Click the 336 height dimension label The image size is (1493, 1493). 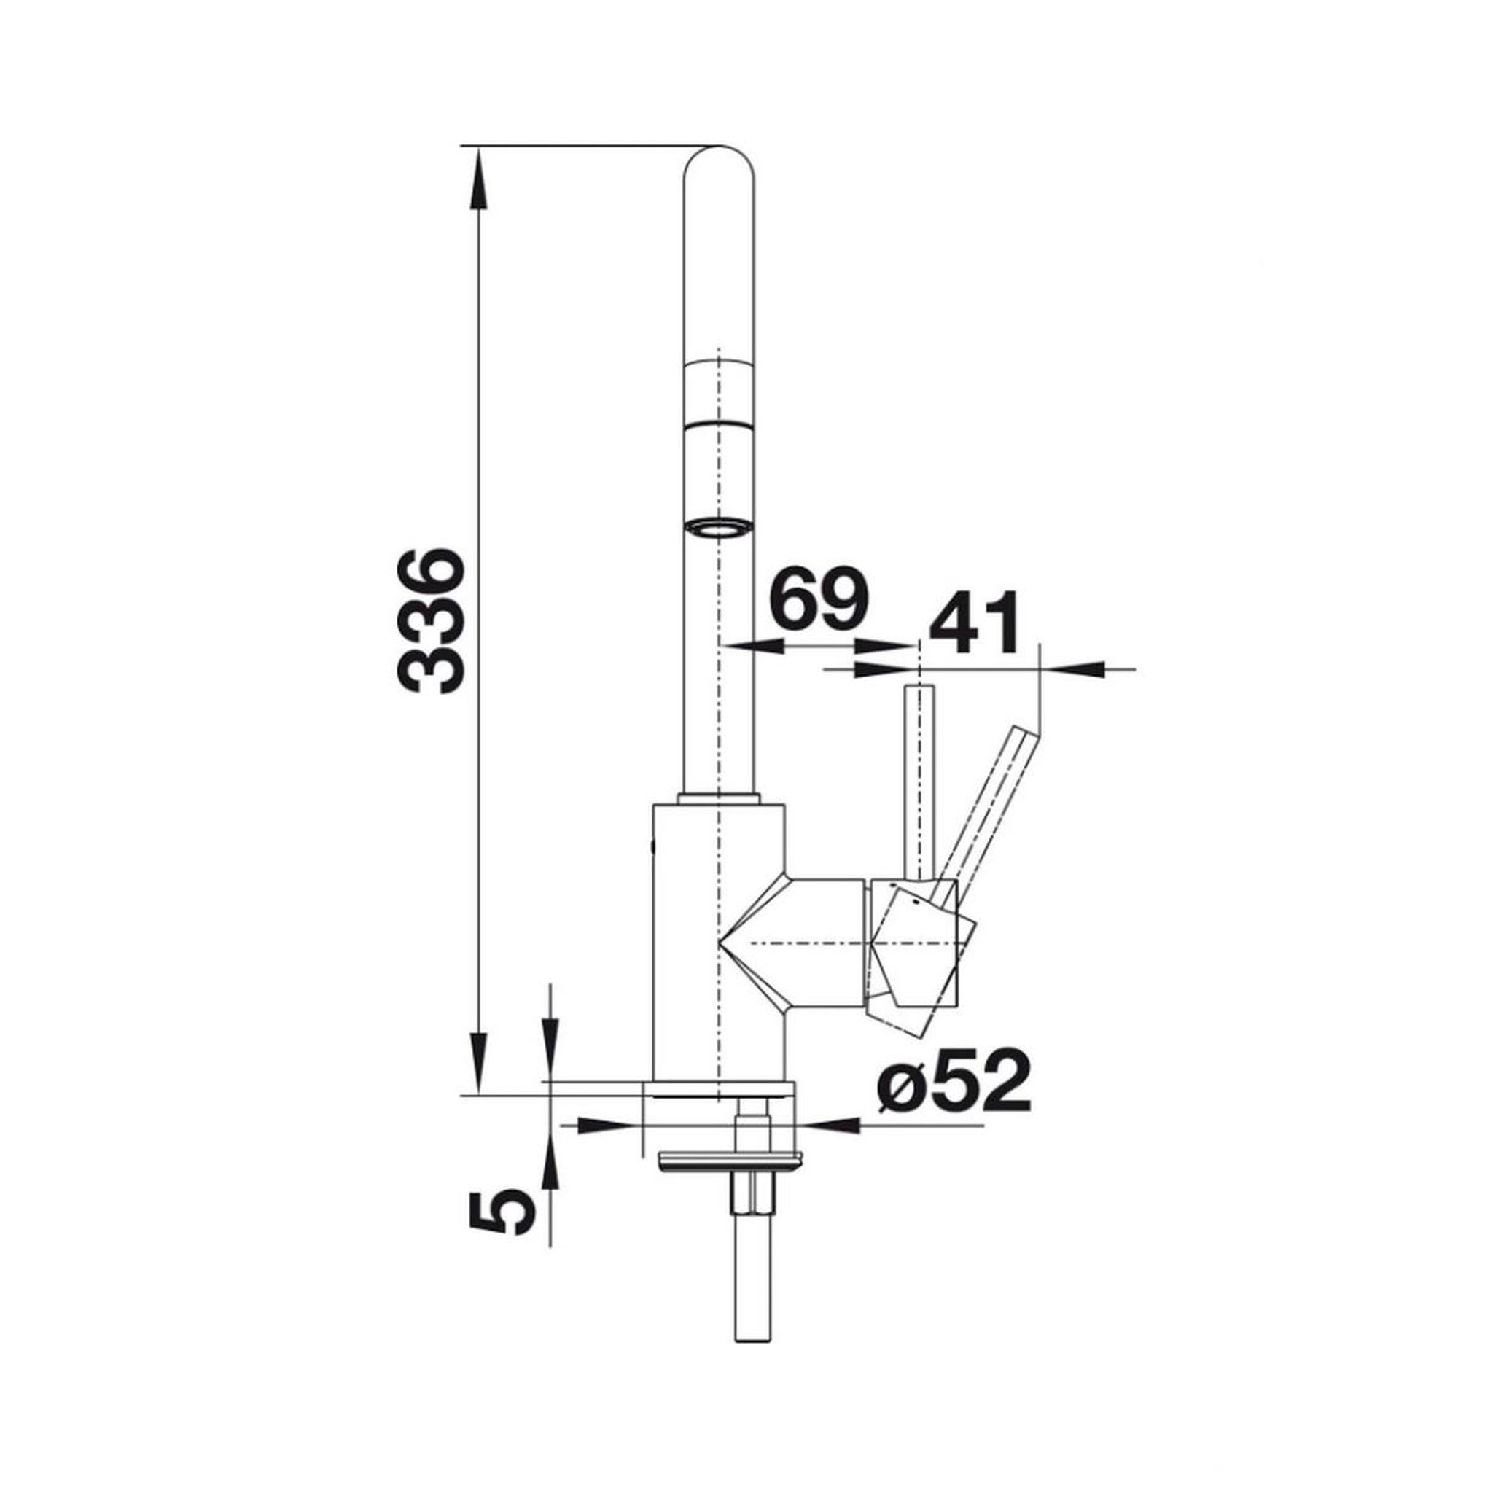tap(429, 621)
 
